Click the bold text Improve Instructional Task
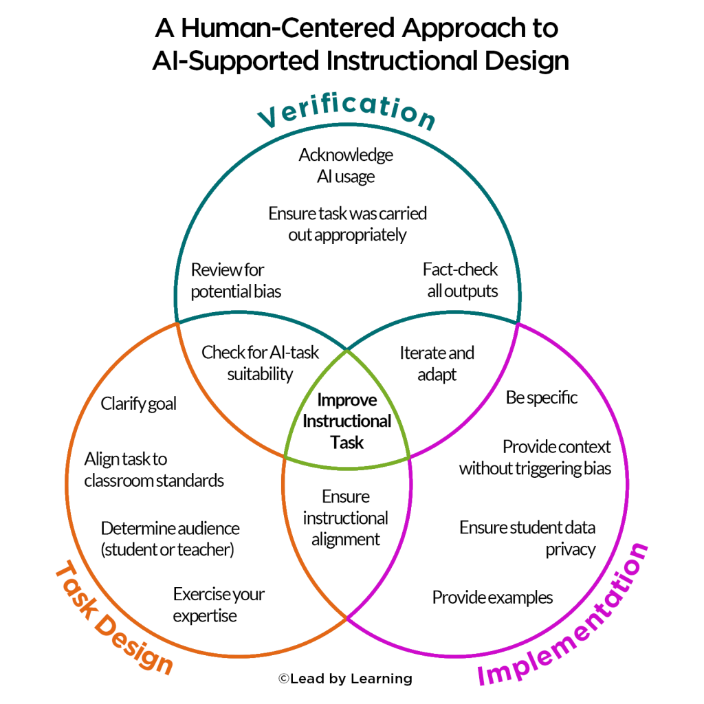point(346,421)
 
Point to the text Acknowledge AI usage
point(346,166)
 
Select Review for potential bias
point(236,280)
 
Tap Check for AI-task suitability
point(261,363)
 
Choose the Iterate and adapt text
point(437,364)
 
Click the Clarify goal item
point(139,404)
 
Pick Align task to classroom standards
point(154,469)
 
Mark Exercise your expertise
point(218,605)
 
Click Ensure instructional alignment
point(346,518)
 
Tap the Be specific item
point(542,397)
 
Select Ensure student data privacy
point(527,538)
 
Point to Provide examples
point(492,597)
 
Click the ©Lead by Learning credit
point(345,679)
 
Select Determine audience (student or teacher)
point(170,540)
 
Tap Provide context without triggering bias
point(535,458)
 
